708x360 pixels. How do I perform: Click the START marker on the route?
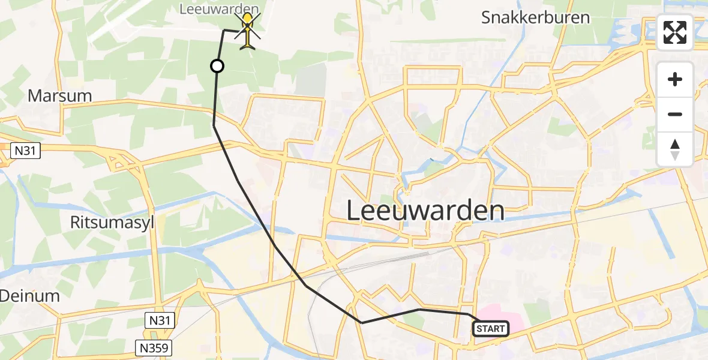pos(491,328)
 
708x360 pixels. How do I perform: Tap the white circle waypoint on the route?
pos(217,66)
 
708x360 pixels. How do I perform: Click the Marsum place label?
pos(59,95)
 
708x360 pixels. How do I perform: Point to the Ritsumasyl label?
pos(112,223)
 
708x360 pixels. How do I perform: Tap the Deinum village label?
pos(29,295)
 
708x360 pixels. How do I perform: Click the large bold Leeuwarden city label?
pos(425,211)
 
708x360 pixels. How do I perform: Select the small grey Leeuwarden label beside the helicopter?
pos(220,9)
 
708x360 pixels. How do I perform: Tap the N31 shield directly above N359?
pos(160,321)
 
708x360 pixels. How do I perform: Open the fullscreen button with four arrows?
pos(675,32)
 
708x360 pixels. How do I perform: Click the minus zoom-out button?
pos(675,114)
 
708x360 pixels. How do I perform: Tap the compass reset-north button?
pos(675,149)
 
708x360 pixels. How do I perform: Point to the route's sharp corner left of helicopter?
pos(224,30)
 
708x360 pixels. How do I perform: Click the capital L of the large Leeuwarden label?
pos(355,211)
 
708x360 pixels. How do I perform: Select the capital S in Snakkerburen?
pos(487,17)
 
